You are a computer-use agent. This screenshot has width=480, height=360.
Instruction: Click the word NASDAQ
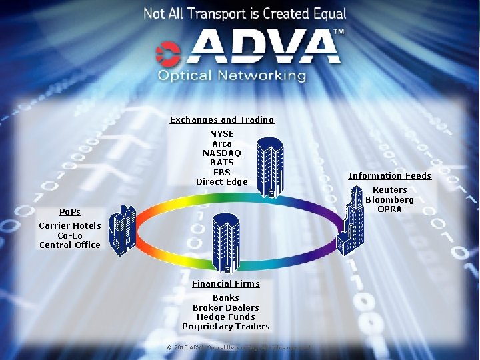point(222,153)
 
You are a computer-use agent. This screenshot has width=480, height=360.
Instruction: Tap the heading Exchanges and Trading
point(222,120)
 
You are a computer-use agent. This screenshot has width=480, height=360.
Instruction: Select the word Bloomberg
point(389,199)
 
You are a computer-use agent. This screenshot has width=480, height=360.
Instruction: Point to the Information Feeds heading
point(389,176)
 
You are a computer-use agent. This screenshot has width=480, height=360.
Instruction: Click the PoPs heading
point(70,212)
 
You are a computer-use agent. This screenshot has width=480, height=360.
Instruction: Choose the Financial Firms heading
point(226,284)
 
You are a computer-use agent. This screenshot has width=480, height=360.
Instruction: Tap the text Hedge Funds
point(226,317)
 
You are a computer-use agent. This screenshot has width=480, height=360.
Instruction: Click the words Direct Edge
point(222,182)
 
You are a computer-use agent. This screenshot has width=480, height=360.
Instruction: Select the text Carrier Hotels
point(70,226)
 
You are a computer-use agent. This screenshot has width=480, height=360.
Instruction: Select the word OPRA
point(389,209)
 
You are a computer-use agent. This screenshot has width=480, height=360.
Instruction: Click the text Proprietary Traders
point(226,327)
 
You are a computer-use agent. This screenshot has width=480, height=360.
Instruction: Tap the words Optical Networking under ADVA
point(231,75)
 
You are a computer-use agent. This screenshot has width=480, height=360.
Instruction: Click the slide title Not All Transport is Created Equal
point(245,13)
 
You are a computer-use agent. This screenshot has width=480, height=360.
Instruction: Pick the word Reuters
point(389,190)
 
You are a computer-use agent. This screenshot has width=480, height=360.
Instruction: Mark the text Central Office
point(70,245)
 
